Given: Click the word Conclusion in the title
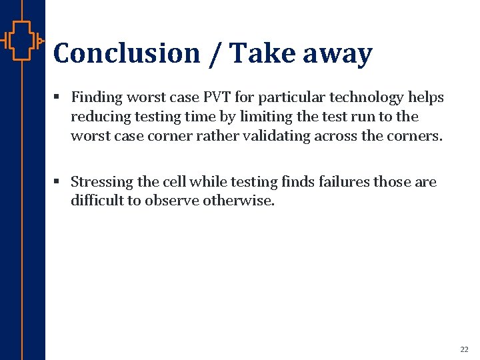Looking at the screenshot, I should click(x=126, y=53).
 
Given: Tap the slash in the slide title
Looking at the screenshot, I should click(x=215, y=53).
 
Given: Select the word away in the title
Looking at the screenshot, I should click(x=337, y=53).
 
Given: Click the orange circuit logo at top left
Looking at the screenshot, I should click(x=21, y=41).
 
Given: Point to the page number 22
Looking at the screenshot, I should click(x=464, y=349).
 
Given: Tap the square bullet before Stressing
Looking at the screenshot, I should click(x=58, y=182).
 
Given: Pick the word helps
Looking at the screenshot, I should click(x=426, y=97).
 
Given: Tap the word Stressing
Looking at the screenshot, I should click(x=102, y=182).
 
